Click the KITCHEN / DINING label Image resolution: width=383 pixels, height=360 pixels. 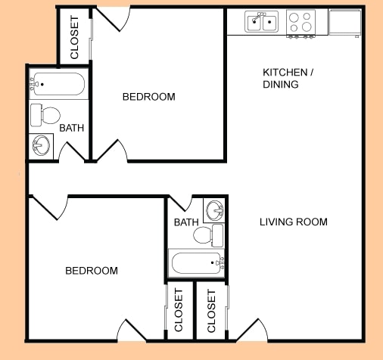(x=285, y=79)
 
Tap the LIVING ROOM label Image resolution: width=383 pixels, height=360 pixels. (x=293, y=222)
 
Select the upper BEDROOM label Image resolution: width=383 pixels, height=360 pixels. (x=149, y=97)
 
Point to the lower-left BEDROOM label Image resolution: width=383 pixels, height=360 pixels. (x=92, y=271)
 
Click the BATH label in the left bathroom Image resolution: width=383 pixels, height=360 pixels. (x=72, y=128)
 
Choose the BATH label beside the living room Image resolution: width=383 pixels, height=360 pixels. (x=185, y=222)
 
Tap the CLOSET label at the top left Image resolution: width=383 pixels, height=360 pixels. (x=75, y=39)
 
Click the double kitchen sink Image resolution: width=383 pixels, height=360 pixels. (x=262, y=23)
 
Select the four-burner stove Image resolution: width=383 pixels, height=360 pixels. (x=300, y=23)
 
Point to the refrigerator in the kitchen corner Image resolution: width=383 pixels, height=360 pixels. (x=345, y=23)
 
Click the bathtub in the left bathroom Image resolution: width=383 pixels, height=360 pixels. (x=57, y=83)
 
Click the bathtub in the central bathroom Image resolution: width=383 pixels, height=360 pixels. (x=197, y=264)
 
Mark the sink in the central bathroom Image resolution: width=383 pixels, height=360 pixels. (x=214, y=209)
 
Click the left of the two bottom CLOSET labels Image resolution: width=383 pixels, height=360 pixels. (x=179, y=310)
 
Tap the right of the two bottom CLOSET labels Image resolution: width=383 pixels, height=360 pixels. (x=211, y=310)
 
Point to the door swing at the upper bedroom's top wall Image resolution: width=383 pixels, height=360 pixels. (x=111, y=19)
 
